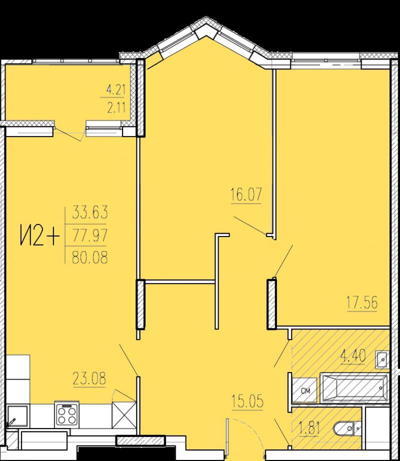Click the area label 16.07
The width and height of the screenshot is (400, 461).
[x=246, y=194]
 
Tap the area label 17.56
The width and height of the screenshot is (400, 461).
[x=362, y=303]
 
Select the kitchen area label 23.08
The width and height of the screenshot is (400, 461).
[x=89, y=378]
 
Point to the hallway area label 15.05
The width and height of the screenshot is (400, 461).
[x=247, y=401]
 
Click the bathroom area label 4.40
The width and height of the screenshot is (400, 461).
[x=353, y=355]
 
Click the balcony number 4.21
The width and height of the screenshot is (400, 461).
[x=116, y=89]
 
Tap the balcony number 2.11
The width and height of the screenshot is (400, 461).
[x=116, y=107]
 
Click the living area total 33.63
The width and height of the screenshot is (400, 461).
[x=90, y=211]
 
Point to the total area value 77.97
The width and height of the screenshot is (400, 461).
[x=90, y=235]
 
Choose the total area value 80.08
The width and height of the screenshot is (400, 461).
[x=90, y=257]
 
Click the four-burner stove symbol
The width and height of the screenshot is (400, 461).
[x=66, y=415]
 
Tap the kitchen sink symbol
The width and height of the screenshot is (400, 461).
[x=17, y=416]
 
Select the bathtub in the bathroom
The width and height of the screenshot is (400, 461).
[x=354, y=387]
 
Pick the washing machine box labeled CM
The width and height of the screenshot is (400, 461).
[x=305, y=390]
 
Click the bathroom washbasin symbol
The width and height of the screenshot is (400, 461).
[x=382, y=359]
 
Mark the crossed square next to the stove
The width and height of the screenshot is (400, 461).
[x=123, y=415]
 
